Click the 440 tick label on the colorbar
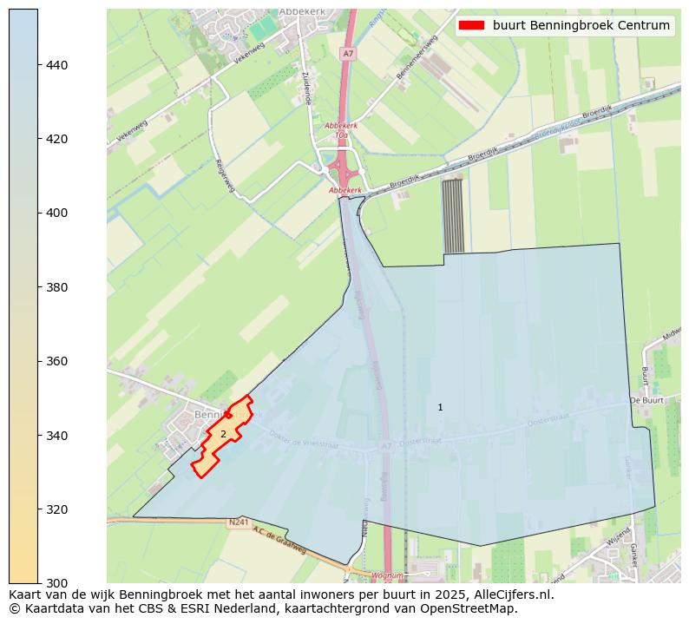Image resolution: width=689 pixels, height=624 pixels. pos(56,65)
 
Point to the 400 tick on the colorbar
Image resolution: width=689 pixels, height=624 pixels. pos(56,213)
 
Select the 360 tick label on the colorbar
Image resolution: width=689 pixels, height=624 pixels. pos(56,361)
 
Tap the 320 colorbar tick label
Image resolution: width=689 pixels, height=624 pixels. pos(56,509)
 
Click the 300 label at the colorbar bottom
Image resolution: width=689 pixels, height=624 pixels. pos(56,582)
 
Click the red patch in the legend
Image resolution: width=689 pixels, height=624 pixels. pos(472,26)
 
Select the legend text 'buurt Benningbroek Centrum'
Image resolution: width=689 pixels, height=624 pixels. pos(581,26)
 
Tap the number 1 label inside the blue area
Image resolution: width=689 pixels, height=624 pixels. pos(440,407)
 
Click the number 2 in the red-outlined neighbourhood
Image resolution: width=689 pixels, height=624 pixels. pos(223,434)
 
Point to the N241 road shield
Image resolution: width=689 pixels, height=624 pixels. pos(240,522)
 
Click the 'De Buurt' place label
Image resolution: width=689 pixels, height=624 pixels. pos(646,401)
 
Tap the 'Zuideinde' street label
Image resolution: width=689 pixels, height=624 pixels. pos(306,88)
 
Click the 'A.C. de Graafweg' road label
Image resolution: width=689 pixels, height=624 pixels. pos(279,542)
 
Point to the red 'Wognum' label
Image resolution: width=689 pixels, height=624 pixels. pos(387,575)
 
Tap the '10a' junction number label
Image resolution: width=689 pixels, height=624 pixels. pos(341,135)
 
